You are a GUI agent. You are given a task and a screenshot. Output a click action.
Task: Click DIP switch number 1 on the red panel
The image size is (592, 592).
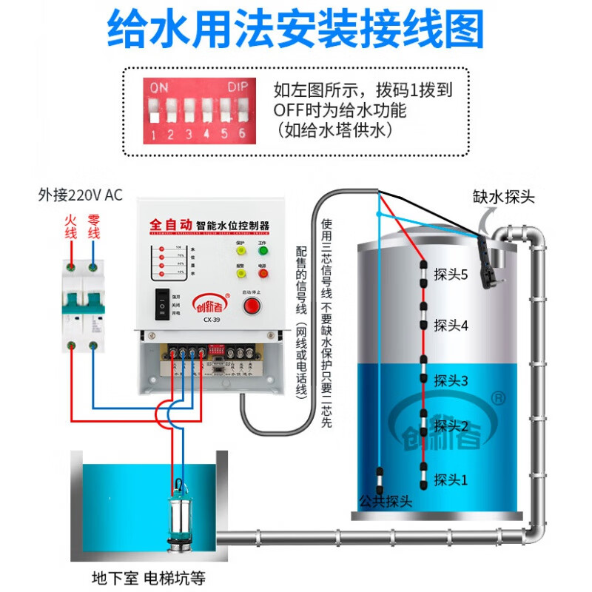tap(154, 112)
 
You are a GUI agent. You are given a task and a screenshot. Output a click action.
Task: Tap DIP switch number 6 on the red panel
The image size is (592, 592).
tap(242, 112)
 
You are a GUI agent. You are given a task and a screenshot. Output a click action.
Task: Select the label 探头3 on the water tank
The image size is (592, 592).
tap(451, 381)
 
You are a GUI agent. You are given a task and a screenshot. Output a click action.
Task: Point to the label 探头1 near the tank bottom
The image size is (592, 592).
tap(451, 480)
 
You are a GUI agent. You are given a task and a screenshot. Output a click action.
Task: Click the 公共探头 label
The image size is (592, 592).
tap(385, 502)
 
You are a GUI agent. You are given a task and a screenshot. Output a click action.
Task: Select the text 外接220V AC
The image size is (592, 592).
tap(80, 196)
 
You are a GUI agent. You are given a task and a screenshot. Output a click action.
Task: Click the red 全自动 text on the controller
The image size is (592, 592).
tap(170, 222)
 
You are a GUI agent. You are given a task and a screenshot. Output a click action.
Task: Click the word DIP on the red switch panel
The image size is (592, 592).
tap(238, 87)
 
